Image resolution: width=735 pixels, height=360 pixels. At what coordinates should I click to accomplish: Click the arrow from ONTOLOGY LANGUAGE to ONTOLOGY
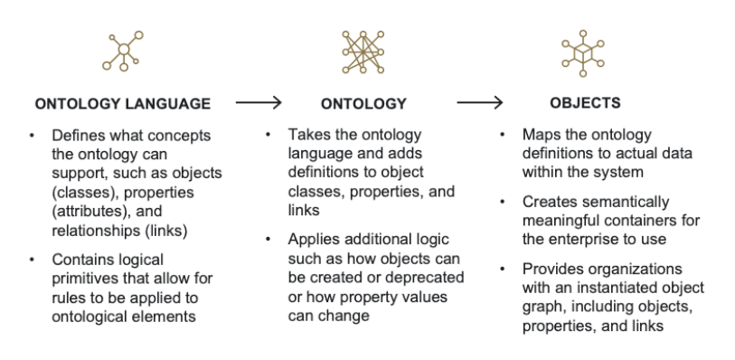(x=259, y=103)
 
